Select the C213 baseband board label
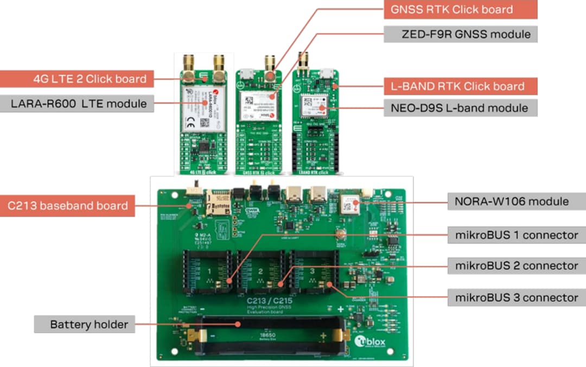[67, 206]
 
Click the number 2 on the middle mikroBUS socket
[260, 270]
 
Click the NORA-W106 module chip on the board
[349, 204]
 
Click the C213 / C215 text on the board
[268, 300]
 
